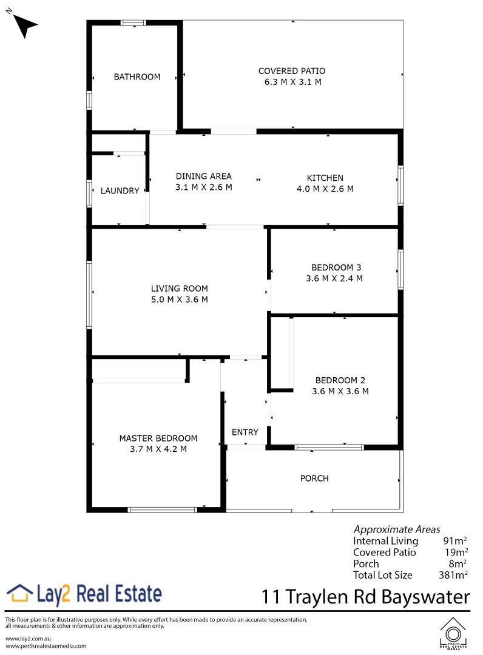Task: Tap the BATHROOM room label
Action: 137,77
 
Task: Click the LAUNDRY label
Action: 120,190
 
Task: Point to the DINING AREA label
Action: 204,176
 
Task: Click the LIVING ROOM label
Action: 180,289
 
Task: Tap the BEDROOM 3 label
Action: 336,267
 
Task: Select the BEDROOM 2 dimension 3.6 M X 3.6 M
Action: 340,391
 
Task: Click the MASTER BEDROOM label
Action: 158,438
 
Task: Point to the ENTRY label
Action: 245,432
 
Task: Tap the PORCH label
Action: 314,479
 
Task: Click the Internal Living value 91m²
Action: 454,541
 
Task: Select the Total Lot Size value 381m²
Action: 453,575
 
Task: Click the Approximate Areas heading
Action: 397,529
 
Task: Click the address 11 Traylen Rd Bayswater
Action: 366,597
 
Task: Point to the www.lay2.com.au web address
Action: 27,639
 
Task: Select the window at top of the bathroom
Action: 133,23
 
